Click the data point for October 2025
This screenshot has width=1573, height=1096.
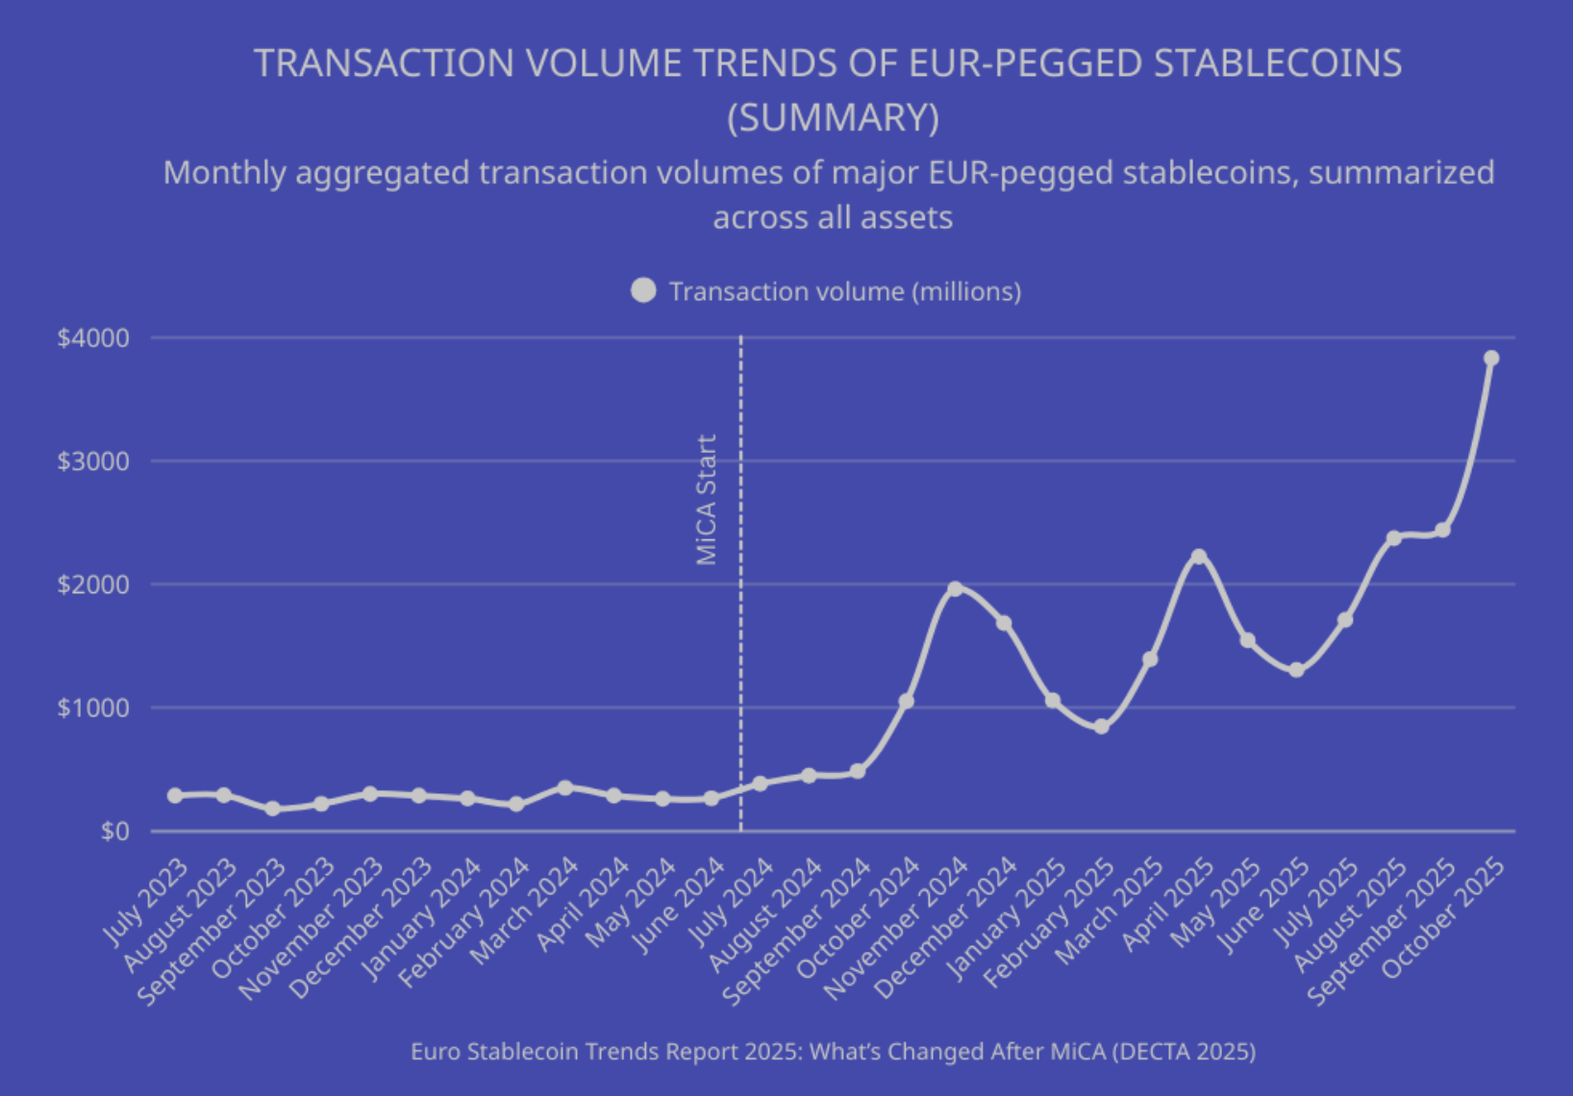point(1491,359)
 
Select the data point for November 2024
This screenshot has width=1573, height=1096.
point(955,588)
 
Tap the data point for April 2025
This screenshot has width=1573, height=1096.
point(1198,557)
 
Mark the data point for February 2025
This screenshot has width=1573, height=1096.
point(1101,727)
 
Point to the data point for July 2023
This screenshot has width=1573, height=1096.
point(175,795)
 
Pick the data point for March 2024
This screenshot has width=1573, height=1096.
point(565,787)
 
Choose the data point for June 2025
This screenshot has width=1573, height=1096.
point(1296,670)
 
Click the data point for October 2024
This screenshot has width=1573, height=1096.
point(906,702)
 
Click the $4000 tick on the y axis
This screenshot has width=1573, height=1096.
point(93,338)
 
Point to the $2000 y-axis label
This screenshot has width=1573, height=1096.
point(93,585)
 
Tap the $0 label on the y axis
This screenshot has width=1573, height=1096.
point(114,831)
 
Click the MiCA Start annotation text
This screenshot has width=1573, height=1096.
point(707,500)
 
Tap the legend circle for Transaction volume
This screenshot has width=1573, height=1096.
point(643,290)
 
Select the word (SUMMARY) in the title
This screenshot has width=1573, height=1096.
point(833,118)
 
